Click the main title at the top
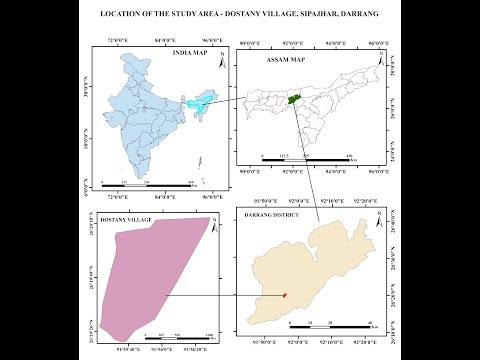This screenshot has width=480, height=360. (x=240, y=17)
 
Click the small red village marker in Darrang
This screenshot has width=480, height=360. (x=284, y=294)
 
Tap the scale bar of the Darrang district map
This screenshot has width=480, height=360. (x=326, y=327)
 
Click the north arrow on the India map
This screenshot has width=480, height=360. (x=210, y=52)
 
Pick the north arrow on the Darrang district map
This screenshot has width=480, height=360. (x=379, y=216)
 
